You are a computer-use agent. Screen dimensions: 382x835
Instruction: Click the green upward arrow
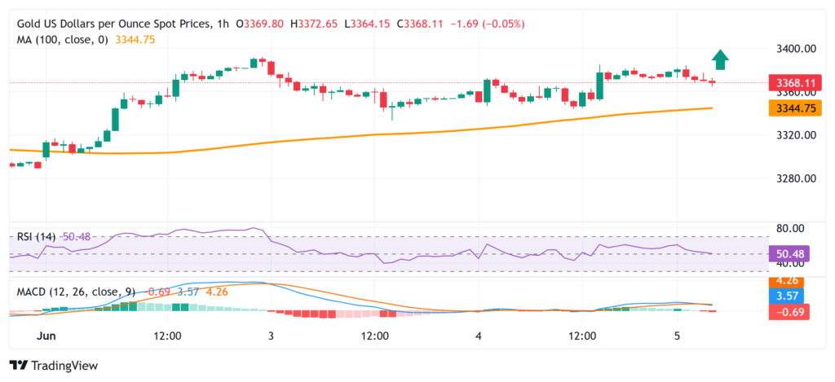(719, 59)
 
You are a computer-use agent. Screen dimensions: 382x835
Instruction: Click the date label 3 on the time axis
(271, 336)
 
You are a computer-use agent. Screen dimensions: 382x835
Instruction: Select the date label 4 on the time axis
(479, 336)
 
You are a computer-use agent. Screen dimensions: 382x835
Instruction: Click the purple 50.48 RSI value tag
(789, 253)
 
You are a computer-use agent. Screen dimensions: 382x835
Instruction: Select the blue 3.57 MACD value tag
(789, 296)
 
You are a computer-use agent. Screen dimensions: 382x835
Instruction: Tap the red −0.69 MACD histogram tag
(789, 310)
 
